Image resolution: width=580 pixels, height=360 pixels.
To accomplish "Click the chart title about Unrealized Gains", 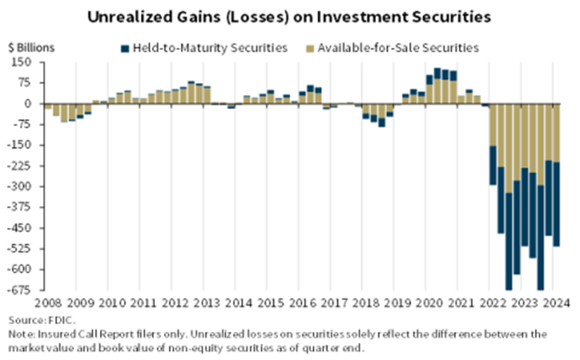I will (290, 16).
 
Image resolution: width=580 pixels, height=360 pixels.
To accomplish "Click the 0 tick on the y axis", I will (33, 104).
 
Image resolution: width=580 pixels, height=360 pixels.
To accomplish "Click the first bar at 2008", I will (47, 107).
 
